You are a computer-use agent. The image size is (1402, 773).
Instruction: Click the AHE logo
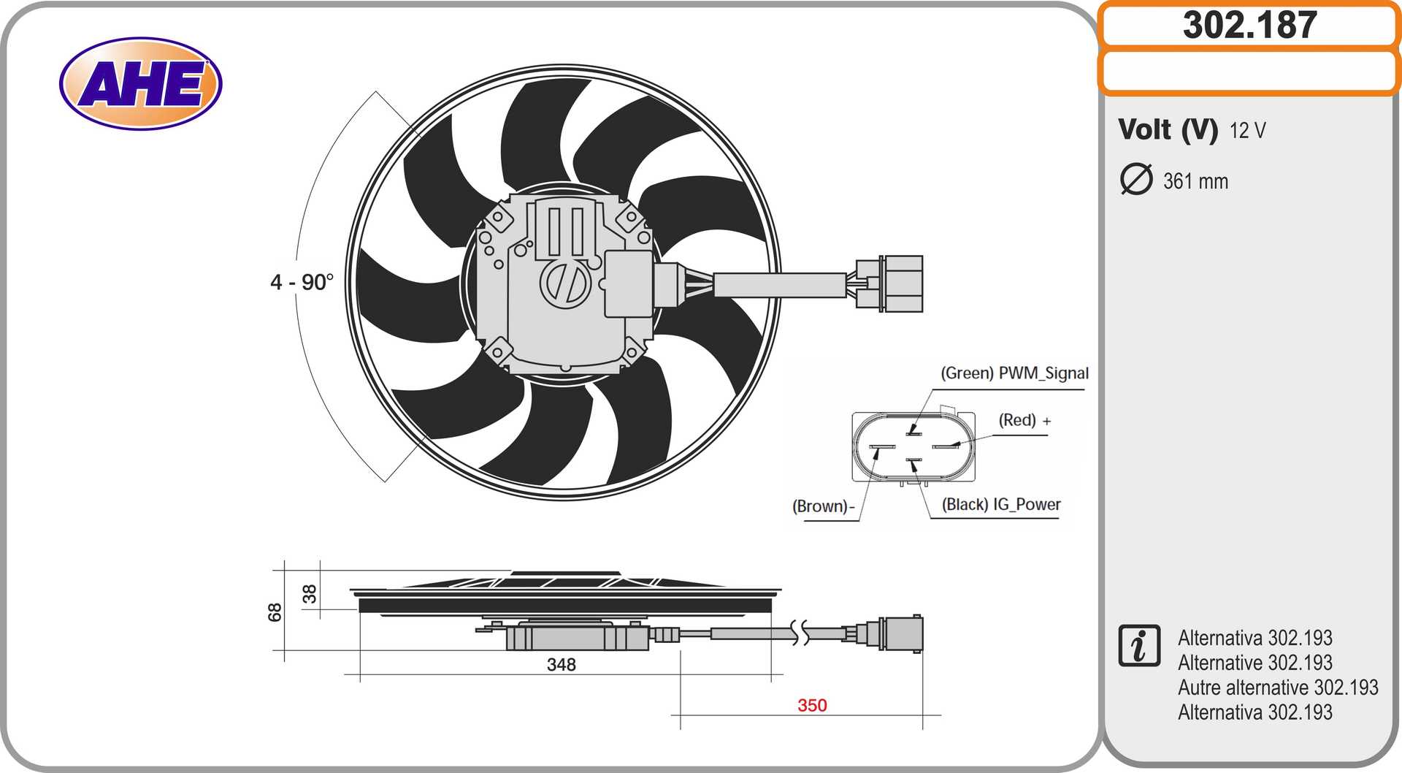coord(140,83)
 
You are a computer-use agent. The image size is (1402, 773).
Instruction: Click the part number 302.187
coord(1249,25)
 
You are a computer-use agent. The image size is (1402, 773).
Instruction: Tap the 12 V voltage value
coord(1247,131)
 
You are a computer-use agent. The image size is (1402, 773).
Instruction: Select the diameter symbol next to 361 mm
coord(1135,180)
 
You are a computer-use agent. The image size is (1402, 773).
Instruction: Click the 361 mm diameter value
coord(1195,181)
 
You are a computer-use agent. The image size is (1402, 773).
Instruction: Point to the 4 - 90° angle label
coord(302,282)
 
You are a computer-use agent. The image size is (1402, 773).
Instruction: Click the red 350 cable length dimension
coord(812,705)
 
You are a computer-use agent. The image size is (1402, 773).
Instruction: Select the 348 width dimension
coord(561,664)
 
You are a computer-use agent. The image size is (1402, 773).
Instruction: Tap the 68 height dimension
coord(275,612)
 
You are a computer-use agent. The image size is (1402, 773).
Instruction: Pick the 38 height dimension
coord(310,593)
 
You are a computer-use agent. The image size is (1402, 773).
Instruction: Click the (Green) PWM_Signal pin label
coord(1014,373)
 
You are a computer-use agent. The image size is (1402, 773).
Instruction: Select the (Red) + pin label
coord(1024,421)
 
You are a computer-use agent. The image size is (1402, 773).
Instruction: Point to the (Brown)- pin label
coord(823,506)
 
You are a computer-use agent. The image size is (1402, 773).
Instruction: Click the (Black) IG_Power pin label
coord(1000,504)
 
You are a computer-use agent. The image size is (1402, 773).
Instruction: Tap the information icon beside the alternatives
coord(1138,646)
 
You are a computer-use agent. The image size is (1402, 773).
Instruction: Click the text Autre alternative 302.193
coord(1277,688)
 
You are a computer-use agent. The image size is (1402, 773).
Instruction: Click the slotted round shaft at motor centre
coord(564,283)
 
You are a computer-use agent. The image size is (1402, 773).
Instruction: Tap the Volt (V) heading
coord(1167,129)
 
